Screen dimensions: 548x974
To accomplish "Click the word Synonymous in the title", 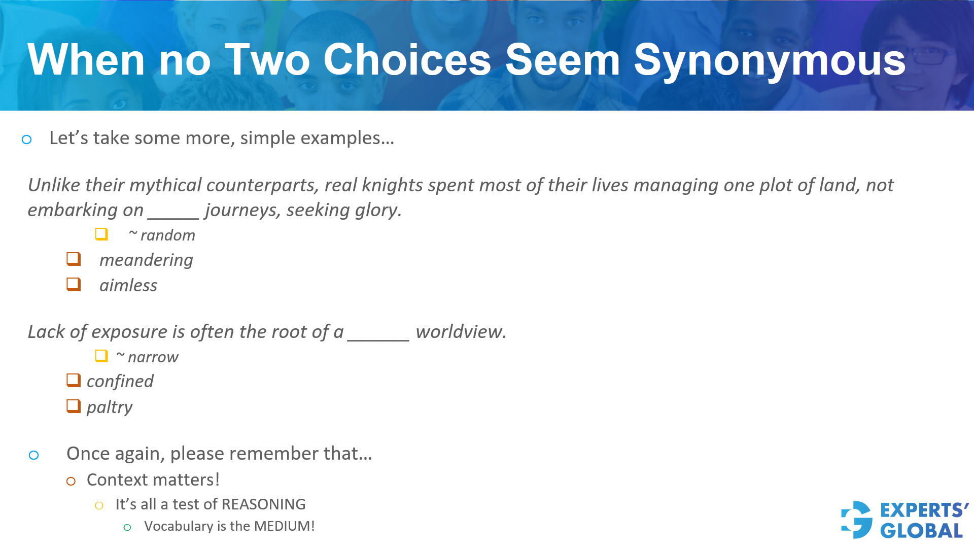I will point(769,61).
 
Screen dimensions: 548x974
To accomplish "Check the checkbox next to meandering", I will point(74,259).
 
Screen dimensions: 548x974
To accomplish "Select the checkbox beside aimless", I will point(74,284).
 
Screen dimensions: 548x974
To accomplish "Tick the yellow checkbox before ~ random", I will point(101,234).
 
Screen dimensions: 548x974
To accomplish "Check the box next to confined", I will point(74,380).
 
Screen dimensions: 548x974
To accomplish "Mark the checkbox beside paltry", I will point(74,406).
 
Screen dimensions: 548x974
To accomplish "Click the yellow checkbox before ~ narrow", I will point(101,356).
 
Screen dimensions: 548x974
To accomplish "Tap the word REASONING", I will point(263,504).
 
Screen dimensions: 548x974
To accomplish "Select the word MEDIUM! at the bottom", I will point(284,526).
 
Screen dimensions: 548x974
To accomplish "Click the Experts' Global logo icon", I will point(857,520).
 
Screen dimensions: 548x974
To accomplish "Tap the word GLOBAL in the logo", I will point(921,531).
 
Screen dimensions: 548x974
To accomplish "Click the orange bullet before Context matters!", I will point(71,481).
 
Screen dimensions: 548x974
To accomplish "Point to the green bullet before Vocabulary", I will point(127,528).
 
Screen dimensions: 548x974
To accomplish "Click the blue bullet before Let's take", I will point(27,140).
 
